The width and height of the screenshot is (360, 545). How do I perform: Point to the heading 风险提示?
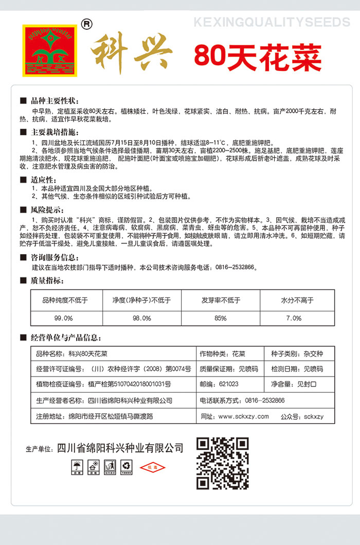click(x=47, y=210)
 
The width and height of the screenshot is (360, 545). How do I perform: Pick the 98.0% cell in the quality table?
click(x=141, y=318)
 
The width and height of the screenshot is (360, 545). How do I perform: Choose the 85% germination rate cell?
click(x=221, y=318)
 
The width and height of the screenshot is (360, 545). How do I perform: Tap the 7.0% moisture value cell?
click(x=294, y=318)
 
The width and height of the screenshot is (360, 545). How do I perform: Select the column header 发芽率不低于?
click(x=221, y=300)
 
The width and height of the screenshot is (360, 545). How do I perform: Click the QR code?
click(x=223, y=463)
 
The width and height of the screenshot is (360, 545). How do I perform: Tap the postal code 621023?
click(x=228, y=384)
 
